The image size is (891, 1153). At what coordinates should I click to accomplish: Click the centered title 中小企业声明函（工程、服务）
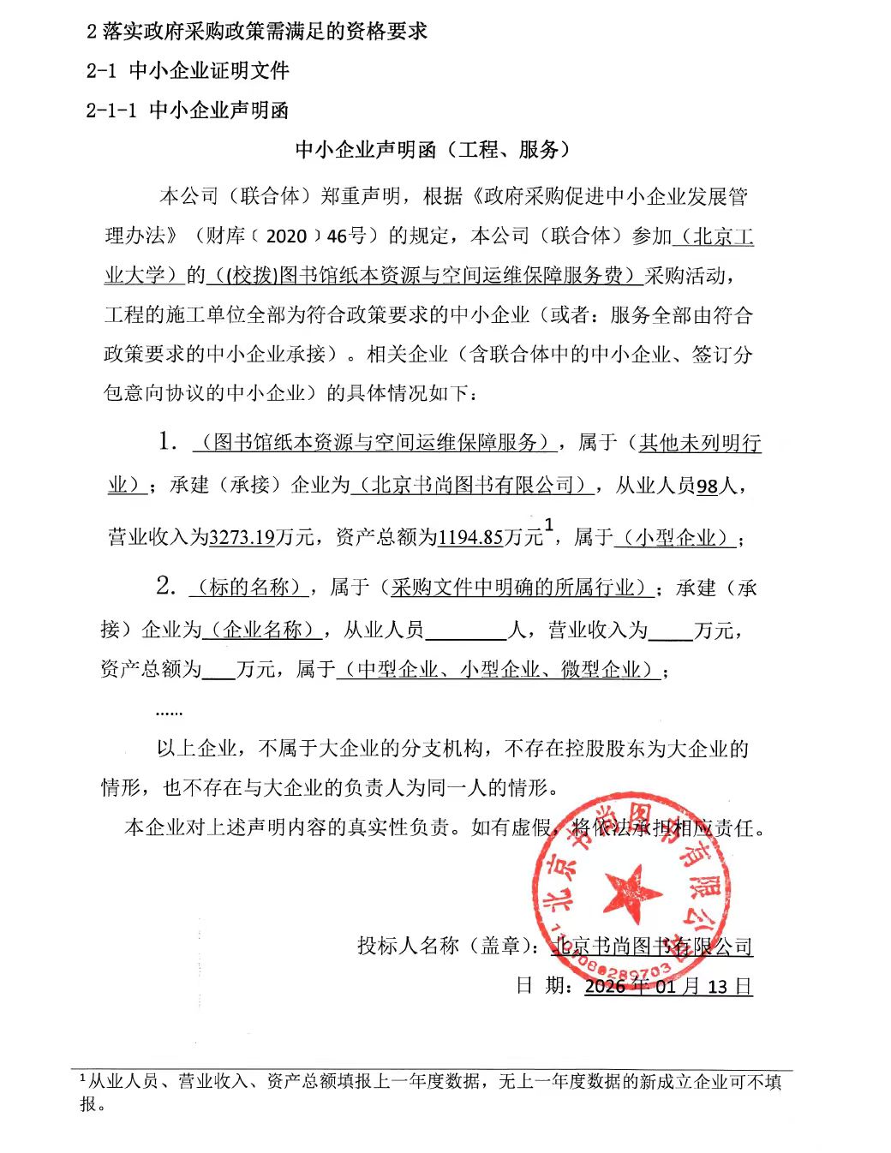click(x=433, y=150)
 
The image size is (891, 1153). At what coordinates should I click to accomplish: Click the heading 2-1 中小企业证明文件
click(x=188, y=70)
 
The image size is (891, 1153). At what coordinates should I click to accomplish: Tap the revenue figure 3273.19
click(x=242, y=537)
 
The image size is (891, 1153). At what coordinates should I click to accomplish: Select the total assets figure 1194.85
click(x=469, y=537)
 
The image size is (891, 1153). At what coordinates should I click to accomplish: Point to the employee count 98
click(x=707, y=487)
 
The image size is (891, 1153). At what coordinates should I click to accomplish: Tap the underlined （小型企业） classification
click(x=676, y=537)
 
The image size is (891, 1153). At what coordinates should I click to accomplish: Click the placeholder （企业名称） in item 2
click(x=262, y=630)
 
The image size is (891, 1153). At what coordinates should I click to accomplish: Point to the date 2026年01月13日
click(x=668, y=986)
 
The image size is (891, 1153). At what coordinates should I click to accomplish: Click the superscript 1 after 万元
click(x=549, y=523)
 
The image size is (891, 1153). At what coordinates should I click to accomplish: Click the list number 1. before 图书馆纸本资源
click(x=167, y=442)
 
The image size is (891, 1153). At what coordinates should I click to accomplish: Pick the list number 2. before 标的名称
click(x=166, y=586)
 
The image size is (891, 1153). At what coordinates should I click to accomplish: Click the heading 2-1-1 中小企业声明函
click(x=188, y=110)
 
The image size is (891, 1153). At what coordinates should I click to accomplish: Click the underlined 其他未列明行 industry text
click(x=699, y=443)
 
